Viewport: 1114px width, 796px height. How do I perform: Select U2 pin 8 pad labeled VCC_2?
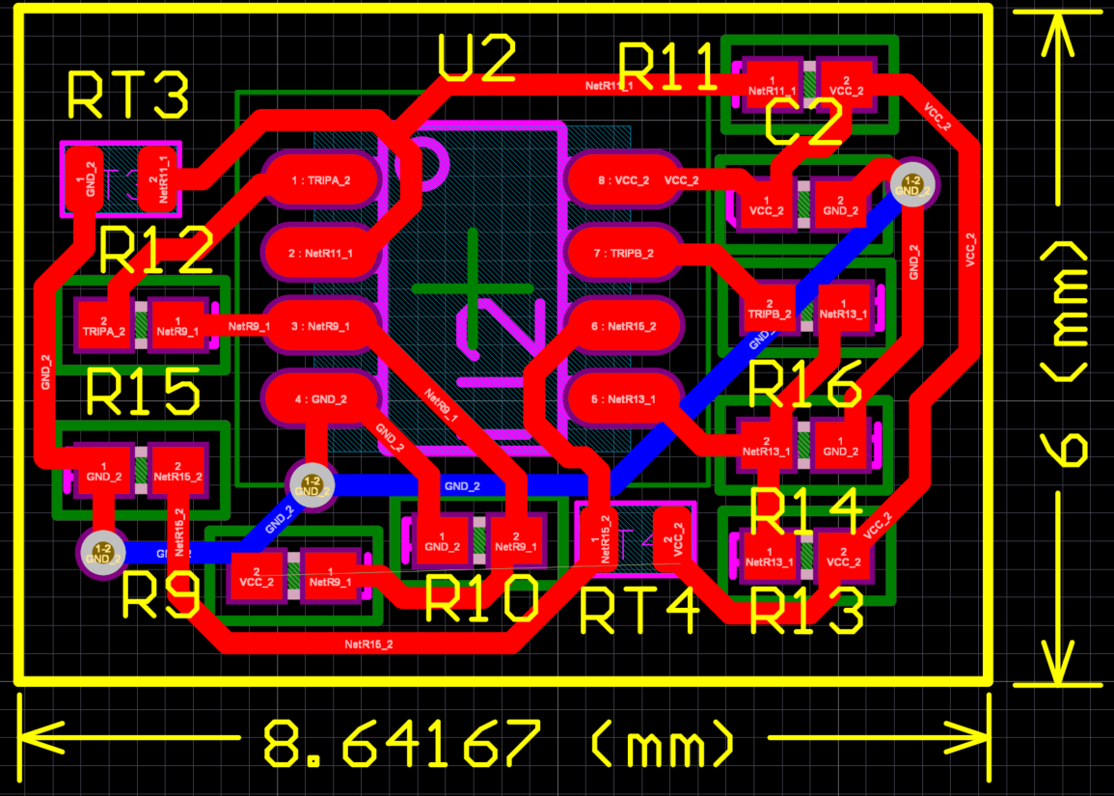click(x=623, y=180)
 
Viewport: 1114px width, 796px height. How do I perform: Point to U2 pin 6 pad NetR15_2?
click(x=623, y=326)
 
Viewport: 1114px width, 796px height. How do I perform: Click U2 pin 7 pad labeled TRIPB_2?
click(x=623, y=253)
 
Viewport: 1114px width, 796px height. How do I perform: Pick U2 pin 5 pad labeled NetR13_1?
click(x=623, y=398)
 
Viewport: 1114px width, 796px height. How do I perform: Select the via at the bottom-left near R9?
click(x=102, y=553)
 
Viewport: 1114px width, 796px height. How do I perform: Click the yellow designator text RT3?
click(x=127, y=96)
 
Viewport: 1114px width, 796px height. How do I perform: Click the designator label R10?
click(x=479, y=600)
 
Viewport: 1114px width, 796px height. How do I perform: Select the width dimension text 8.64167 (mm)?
click(x=498, y=744)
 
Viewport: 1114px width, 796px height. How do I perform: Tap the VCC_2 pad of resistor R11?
click(x=846, y=85)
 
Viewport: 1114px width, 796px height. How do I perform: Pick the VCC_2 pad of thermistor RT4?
click(x=672, y=540)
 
